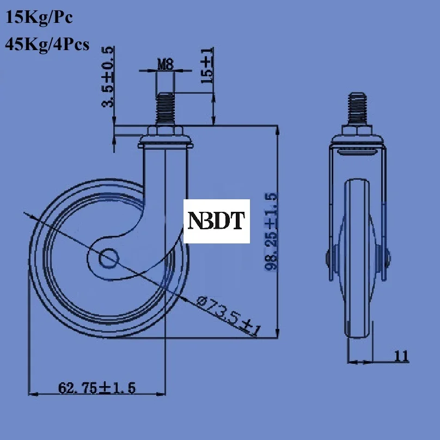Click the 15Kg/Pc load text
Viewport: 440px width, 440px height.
(39, 17)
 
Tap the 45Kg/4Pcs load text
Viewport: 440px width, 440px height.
(47, 44)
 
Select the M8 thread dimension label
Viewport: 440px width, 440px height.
(166, 64)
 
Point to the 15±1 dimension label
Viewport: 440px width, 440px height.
(207, 66)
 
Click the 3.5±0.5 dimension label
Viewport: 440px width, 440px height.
(108, 77)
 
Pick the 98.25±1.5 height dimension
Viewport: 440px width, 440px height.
(271, 231)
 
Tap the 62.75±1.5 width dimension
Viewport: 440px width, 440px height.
(96, 388)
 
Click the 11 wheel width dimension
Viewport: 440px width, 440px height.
(401, 356)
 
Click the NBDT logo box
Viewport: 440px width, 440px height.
(217, 221)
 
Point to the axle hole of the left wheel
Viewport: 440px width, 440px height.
(108, 258)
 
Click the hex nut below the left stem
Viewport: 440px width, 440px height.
(166, 131)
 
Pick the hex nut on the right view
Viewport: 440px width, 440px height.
(357, 131)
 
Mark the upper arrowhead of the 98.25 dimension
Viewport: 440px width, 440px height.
(277, 130)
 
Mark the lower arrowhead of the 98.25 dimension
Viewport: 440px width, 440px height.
(277, 333)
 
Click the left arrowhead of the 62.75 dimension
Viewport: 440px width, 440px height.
(33, 394)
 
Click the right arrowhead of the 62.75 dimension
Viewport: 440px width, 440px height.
(161, 394)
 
